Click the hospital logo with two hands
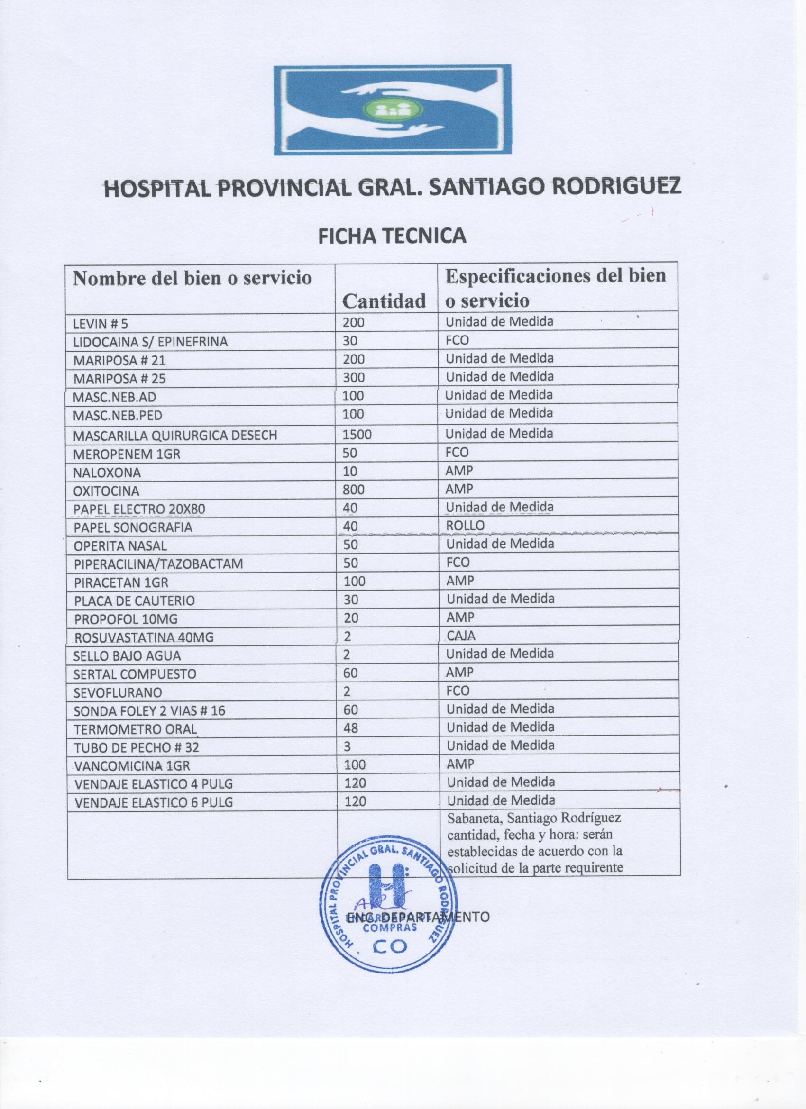(x=392, y=109)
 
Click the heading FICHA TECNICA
(x=392, y=236)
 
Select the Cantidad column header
(x=384, y=301)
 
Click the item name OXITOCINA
(x=106, y=491)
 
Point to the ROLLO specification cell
(x=465, y=526)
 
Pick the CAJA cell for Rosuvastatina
(x=461, y=636)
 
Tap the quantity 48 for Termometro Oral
(x=351, y=728)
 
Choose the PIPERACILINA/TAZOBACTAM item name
(x=158, y=564)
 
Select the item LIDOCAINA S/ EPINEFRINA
(x=150, y=342)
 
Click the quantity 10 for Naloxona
(x=350, y=472)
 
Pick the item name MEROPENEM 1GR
(x=126, y=454)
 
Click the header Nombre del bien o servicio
(x=192, y=278)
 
